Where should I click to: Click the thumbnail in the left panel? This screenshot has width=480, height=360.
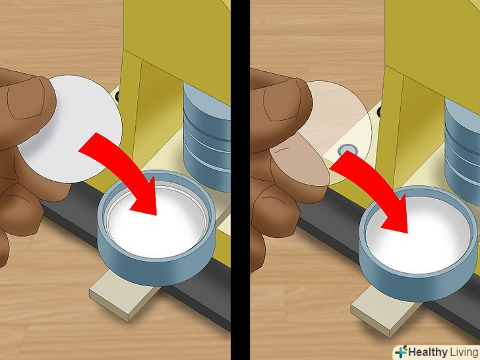pyautogui.click(x=26, y=98)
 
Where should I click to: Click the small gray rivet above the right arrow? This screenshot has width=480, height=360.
pyautogui.click(x=346, y=150)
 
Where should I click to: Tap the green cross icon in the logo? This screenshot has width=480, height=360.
pyautogui.click(x=401, y=351)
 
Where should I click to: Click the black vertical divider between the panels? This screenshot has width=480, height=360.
pyautogui.click(x=240, y=180)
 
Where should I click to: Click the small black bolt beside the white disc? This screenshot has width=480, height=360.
pyautogui.click(x=117, y=97)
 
